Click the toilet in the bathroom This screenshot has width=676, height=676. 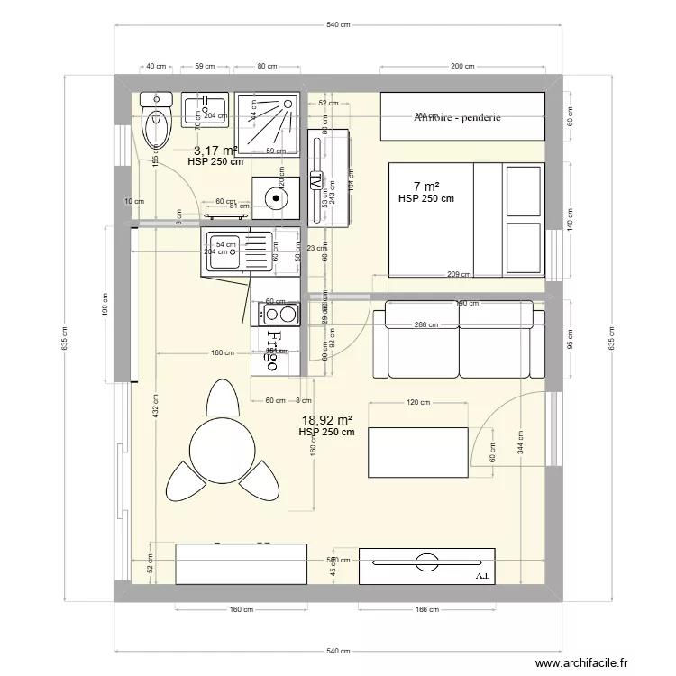click(158, 122)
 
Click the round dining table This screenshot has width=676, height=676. click(219, 443)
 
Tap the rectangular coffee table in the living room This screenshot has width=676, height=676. click(417, 452)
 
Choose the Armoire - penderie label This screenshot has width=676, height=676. click(458, 117)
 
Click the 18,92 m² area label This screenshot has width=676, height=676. click(326, 420)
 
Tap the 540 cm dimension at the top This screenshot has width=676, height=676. click(337, 24)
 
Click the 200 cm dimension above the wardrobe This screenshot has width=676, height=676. click(462, 66)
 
